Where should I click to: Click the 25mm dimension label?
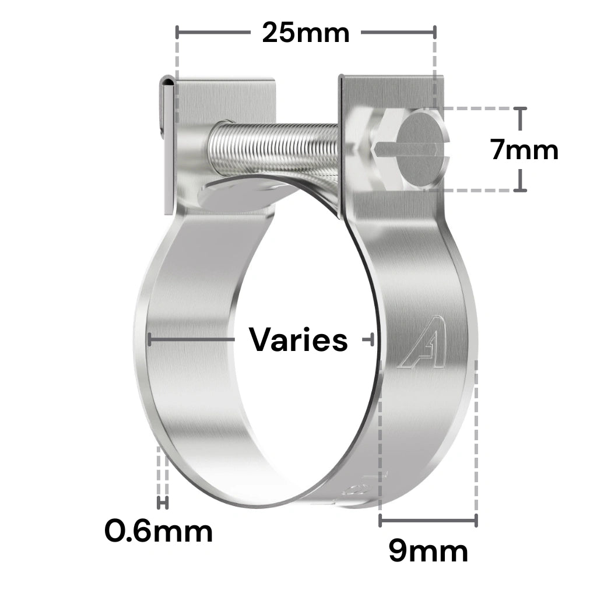pos(305,33)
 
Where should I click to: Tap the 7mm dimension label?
pos(524,150)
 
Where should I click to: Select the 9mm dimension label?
pos(428,552)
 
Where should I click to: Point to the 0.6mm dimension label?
pos(159,531)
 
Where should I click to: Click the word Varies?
pos(298,339)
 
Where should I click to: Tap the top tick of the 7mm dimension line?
pos(521,109)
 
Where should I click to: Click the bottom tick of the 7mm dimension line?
pos(521,190)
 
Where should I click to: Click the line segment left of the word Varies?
pos(192,338)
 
